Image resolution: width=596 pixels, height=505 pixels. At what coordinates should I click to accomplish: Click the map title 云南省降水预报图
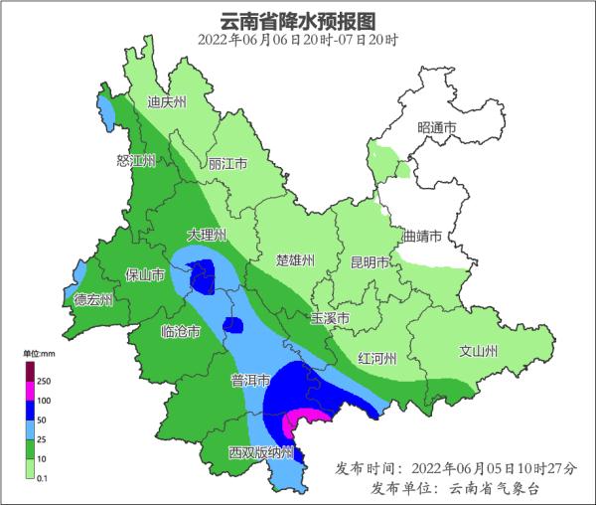coord(298,19)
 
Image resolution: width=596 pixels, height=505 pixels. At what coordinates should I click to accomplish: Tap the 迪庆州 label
coord(167,101)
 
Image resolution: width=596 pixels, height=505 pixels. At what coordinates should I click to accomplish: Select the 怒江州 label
coord(136,161)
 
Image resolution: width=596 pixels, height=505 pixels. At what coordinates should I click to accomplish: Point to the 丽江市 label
coord(227,163)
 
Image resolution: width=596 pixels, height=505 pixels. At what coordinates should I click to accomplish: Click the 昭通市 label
coord(437,128)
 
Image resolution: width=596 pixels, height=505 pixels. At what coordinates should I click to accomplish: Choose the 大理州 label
coord(208,235)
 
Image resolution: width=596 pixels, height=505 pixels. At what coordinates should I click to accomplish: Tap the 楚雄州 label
coord(295,260)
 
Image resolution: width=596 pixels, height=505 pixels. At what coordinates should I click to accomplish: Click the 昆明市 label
coord(371,262)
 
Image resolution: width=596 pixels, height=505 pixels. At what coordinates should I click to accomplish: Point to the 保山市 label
coord(144,274)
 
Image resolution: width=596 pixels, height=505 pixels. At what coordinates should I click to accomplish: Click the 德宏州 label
coord(93,299)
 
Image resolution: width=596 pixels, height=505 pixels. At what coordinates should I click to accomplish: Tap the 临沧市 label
coord(181,331)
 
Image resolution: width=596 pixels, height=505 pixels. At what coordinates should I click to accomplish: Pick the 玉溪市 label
coord(330,319)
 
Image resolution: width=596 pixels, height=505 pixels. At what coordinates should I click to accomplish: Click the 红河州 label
coord(377,358)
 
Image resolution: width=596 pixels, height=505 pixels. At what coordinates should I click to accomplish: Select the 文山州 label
coord(479,351)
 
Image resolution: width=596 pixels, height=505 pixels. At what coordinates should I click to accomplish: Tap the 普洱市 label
coord(251,380)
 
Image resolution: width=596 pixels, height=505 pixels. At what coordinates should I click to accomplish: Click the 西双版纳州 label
coord(261,452)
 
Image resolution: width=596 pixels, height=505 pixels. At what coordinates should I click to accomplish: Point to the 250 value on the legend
coord(45,381)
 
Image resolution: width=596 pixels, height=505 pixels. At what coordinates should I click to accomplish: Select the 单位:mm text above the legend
coord(38,353)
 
